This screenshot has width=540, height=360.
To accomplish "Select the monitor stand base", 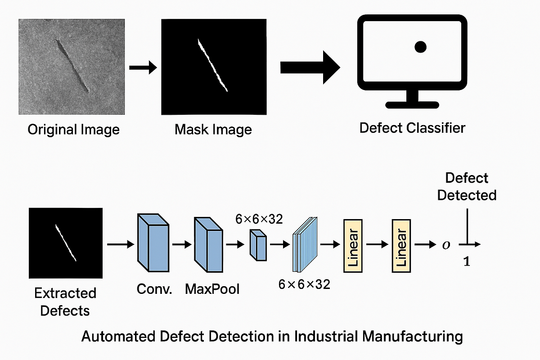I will (412, 105).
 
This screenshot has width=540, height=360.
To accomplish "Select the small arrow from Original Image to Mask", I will (143, 67).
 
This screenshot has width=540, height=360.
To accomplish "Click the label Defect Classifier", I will (412, 128).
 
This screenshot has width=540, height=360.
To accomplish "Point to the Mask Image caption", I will (213, 130).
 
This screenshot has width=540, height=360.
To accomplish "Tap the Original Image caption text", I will (74, 130).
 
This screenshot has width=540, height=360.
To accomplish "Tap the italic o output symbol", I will (445, 245).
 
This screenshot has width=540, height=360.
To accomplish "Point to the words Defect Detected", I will (467, 186).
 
